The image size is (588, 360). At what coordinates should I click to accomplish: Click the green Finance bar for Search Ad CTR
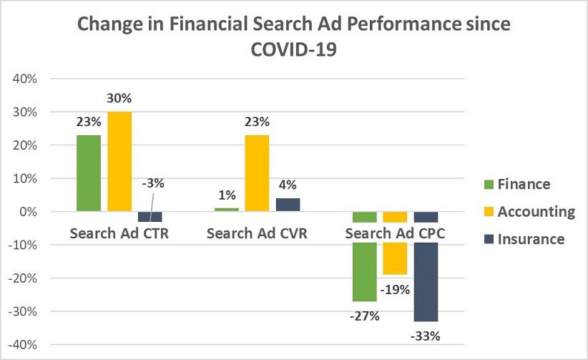pyautogui.click(x=89, y=172)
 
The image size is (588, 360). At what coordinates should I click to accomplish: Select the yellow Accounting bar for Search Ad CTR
pyautogui.click(x=119, y=161)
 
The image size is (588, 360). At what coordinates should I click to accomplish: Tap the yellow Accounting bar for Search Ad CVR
pyautogui.click(x=257, y=172)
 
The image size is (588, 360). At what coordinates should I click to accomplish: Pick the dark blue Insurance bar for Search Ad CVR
pyautogui.click(x=287, y=205)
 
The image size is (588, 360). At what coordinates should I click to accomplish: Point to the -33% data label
pyautogui.click(x=425, y=335)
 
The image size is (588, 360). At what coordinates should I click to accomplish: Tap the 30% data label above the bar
pyautogui.click(x=119, y=98)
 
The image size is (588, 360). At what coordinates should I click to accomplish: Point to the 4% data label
pyautogui.click(x=288, y=184)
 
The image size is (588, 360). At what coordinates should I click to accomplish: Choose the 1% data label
pyautogui.click(x=226, y=194)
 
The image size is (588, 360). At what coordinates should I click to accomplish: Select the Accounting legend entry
pyautogui.click(x=527, y=211)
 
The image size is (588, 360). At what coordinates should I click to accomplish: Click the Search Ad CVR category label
pyautogui.click(x=257, y=233)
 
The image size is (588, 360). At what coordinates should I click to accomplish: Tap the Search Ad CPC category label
pyautogui.click(x=395, y=233)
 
